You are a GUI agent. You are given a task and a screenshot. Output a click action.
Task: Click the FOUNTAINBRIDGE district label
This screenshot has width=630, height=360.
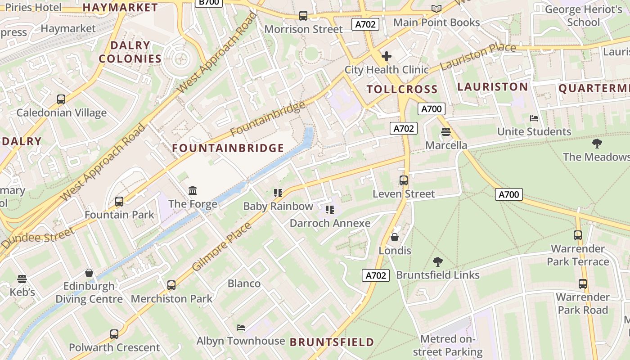pyautogui.click(x=228, y=148)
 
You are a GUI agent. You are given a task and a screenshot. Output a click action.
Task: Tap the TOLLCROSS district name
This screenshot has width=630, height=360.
pyautogui.click(x=402, y=89)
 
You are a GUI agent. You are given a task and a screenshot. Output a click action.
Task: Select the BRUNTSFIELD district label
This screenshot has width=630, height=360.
pyautogui.click(x=332, y=342)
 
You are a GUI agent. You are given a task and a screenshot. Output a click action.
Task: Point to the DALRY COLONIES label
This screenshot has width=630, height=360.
pyautogui.click(x=130, y=52)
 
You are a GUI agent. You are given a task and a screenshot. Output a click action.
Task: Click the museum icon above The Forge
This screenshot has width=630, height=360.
pyautogui.click(x=193, y=191)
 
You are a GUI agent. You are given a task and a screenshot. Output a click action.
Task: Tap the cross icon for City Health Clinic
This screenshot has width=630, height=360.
pyautogui.click(x=387, y=57)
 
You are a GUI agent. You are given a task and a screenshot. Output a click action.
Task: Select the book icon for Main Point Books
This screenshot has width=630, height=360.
pyautogui.click(x=436, y=9)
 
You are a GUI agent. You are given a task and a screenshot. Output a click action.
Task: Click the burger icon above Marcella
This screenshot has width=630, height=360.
pyautogui.click(x=446, y=132)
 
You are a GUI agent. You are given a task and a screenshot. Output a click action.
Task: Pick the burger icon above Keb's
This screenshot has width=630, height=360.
pyautogui.click(x=22, y=279)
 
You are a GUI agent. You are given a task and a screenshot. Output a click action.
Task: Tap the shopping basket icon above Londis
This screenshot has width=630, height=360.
pyautogui.click(x=395, y=237)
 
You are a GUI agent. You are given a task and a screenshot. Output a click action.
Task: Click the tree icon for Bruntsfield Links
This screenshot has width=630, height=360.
pyautogui.click(x=437, y=262)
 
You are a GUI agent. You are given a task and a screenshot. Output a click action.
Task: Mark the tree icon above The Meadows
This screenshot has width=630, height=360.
pyautogui.click(x=597, y=144)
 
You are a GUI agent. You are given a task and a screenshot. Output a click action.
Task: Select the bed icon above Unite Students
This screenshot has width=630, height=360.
pyautogui.click(x=534, y=118)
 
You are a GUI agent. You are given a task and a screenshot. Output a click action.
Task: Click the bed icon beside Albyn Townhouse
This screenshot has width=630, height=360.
pyautogui.click(x=241, y=328)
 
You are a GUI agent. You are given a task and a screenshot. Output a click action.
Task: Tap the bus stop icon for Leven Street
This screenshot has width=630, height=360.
pyautogui.click(x=404, y=180)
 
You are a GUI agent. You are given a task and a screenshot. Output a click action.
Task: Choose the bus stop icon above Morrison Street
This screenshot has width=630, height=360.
pyautogui.click(x=303, y=16)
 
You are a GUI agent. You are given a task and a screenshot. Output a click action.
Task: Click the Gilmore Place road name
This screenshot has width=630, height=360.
pyautogui.click(x=222, y=247)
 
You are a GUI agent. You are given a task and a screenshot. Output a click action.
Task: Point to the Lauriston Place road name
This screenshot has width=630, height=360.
pyautogui.click(x=478, y=56)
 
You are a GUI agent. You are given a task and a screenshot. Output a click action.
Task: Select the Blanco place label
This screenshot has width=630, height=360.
pyautogui.click(x=244, y=283)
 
